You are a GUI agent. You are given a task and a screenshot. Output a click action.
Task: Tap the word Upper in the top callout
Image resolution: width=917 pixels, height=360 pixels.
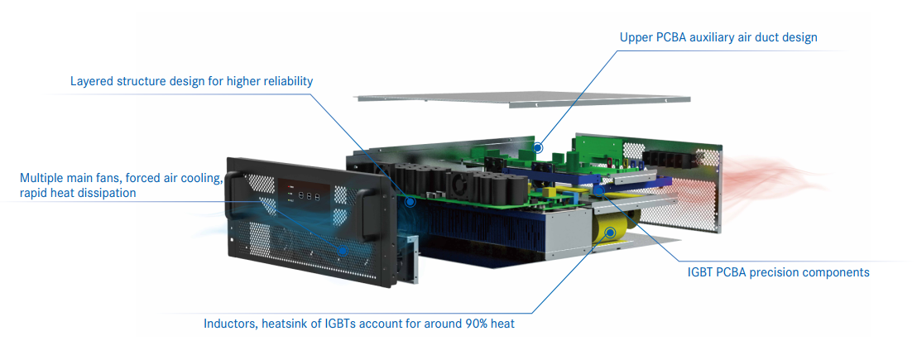637,37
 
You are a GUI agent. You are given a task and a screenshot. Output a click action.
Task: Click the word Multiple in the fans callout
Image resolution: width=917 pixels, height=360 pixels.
44,178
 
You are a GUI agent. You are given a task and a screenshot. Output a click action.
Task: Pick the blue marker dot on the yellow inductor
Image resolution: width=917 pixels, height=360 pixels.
610,233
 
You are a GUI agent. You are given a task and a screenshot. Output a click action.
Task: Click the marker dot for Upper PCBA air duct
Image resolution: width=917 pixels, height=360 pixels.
538,148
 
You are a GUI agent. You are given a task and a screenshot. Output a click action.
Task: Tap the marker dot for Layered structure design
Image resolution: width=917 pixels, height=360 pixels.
409,200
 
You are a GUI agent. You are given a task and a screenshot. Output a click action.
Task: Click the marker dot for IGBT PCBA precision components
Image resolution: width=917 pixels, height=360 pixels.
597,190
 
